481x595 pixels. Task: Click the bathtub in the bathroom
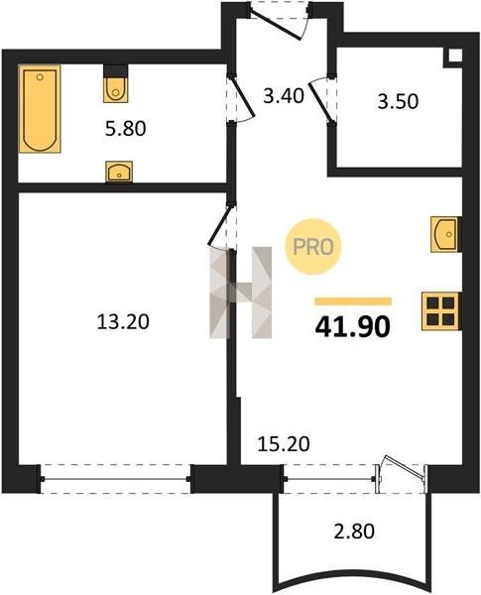coord(40,108)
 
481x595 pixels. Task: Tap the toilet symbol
coord(116,83)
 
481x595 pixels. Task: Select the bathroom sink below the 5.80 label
coord(119,172)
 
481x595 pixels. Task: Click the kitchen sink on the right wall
coord(446,234)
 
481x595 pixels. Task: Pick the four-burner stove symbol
coord(441,311)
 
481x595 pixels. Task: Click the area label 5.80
coord(125,129)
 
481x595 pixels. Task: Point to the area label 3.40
coord(284,95)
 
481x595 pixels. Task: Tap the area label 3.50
coord(398,101)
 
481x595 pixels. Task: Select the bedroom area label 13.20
coord(123,322)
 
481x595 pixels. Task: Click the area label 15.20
coord(284,443)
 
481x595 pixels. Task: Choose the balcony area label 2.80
coord(354,531)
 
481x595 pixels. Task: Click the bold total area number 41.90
coord(353,326)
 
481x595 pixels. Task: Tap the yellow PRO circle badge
coord(313,247)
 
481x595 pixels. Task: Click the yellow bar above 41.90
coord(353,301)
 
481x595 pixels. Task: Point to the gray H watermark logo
coord(241,293)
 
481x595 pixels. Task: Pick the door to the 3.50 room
coord(321,102)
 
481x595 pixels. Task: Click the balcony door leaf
coord(405,466)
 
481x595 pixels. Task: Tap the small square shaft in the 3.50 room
coord(455,56)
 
